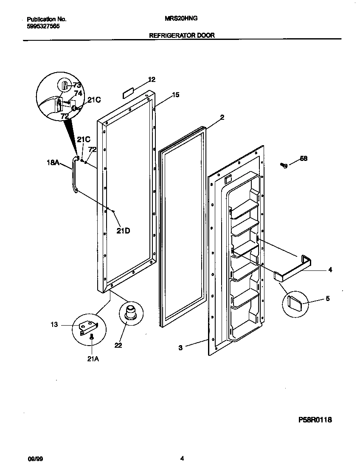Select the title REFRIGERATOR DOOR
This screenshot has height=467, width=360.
(x=182, y=36)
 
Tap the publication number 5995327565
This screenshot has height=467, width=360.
(x=43, y=26)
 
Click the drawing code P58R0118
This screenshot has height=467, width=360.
(x=314, y=420)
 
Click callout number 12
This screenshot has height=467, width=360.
(x=152, y=79)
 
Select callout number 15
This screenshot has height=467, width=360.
(x=175, y=95)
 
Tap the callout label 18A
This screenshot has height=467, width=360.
(x=53, y=162)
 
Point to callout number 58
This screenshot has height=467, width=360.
(x=304, y=159)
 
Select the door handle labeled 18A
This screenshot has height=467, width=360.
(x=75, y=174)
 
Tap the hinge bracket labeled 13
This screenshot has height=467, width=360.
(x=89, y=326)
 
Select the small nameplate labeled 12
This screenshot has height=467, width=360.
(x=129, y=93)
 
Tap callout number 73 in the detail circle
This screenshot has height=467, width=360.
(x=76, y=85)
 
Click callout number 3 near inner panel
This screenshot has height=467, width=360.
(x=180, y=348)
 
